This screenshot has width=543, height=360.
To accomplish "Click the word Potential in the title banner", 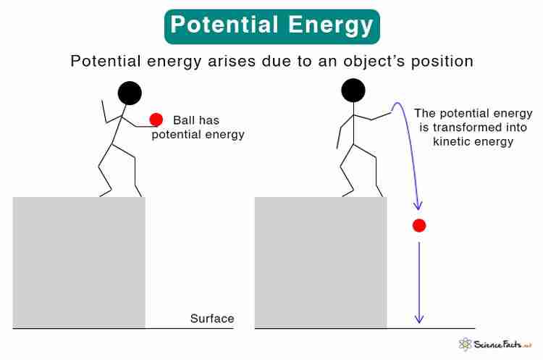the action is click(x=224, y=25).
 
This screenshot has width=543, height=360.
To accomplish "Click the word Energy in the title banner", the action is click(x=330, y=26).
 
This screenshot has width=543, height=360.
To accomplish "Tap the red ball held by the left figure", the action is click(x=156, y=120).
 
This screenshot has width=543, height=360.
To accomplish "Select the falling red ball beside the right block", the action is click(x=419, y=225).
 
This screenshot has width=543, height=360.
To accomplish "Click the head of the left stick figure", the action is click(x=130, y=93).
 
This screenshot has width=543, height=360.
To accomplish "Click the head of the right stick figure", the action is click(x=353, y=91).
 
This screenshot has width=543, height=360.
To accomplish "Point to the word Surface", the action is click(x=212, y=319).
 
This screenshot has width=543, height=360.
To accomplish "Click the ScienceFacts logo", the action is click(x=495, y=344).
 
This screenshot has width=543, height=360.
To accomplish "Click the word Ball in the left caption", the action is click(x=183, y=120).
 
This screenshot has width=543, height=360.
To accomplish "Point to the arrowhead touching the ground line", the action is click(x=419, y=319).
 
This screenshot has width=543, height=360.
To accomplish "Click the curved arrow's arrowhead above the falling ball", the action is click(x=418, y=206).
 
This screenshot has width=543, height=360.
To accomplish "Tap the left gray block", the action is click(x=79, y=262).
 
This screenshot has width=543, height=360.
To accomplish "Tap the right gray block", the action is click(x=321, y=262).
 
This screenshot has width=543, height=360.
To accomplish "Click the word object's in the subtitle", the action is click(x=374, y=62).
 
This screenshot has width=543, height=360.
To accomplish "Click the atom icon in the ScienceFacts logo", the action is click(x=465, y=344).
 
